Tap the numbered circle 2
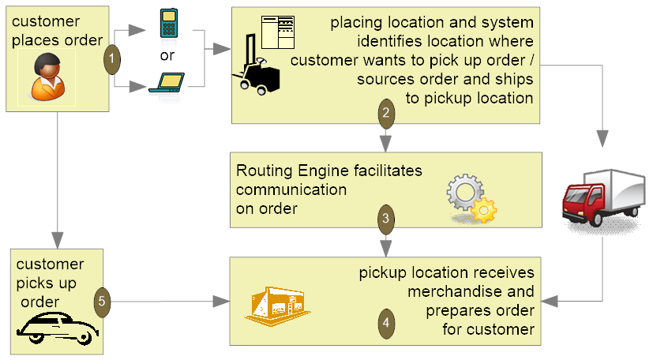point(385,113)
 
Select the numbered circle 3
point(385,219)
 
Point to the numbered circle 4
point(385,323)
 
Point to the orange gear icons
point(471,199)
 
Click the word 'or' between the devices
point(167,54)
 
